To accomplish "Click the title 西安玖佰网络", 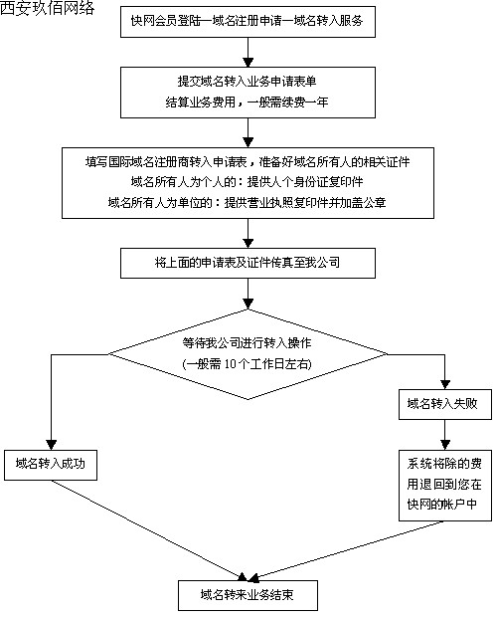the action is pyautogui.click(x=47, y=8).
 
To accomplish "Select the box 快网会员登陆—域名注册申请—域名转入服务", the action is pyautogui.click(x=248, y=21).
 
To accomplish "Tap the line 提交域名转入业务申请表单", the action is pyautogui.click(x=247, y=81).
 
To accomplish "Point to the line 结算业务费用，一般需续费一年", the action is pyautogui.click(x=247, y=103).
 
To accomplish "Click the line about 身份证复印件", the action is pyautogui.click(x=247, y=182).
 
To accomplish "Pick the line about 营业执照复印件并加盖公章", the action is pyautogui.click(x=247, y=203).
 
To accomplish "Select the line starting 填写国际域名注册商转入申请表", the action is pyautogui.click(x=248, y=161).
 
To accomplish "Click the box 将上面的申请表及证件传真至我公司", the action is pyautogui.click(x=248, y=263).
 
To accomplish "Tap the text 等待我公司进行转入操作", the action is pyautogui.click(x=247, y=343).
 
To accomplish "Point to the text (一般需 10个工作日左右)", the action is pyautogui.click(x=247, y=364).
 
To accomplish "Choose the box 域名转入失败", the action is pyautogui.click(x=445, y=404).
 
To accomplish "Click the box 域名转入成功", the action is pyautogui.click(x=51, y=465).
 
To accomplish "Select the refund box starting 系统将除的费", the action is pyautogui.click(x=445, y=486).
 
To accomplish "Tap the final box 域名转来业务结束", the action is pyautogui.click(x=248, y=595).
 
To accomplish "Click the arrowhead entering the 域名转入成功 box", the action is pyautogui.click(x=52, y=445).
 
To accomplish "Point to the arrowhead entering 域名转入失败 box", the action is pyautogui.click(x=445, y=384).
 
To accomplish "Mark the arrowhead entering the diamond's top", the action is pyautogui.click(x=248, y=304).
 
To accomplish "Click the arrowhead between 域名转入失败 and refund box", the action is pyautogui.click(x=445, y=445).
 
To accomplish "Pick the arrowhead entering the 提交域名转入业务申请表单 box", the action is pyautogui.click(x=248, y=62).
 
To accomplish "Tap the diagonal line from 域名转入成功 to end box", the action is pyautogui.click(x=148, y=530).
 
